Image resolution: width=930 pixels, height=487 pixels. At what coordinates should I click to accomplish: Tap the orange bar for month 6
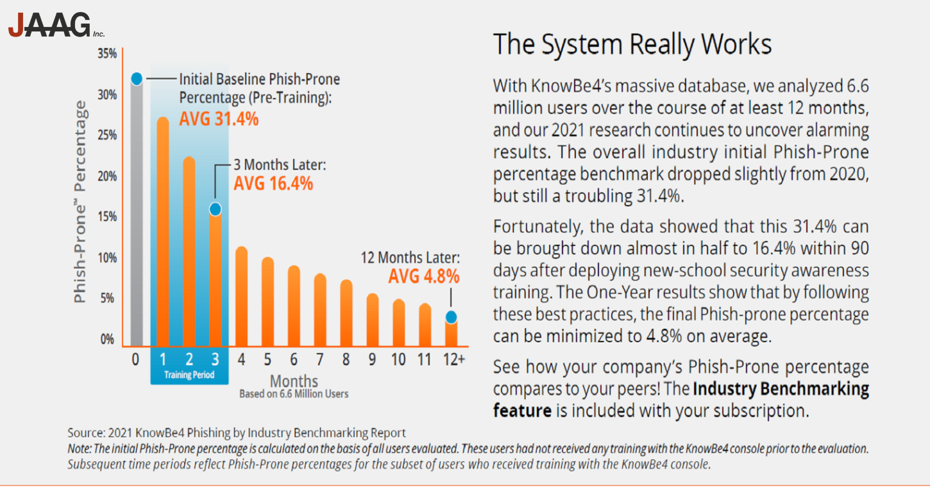pyautogui.click(x=294, y=308)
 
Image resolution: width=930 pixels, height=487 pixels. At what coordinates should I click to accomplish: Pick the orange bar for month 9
pyautogui.click(x=373, y=320)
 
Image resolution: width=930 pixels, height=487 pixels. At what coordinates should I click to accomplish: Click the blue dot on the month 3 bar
pyautogui.click(x=216, y=209)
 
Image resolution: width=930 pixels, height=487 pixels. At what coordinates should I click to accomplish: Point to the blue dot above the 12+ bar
pyautogui.click(x=451, y=317)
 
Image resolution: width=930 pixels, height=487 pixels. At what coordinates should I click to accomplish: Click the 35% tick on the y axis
pyautogui.click(x=107, y=54)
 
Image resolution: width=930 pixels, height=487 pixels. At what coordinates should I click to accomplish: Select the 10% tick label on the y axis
pyautogui.click(x=107, y=258)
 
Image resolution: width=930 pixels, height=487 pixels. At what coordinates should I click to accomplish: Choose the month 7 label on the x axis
pyautogui.click(x=320, y=359)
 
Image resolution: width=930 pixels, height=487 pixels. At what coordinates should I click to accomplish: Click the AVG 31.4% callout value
pyautogui.click(x=219, y=119)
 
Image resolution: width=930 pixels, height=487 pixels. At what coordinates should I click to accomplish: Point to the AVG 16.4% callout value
pyautogui.click(x=273, y=184)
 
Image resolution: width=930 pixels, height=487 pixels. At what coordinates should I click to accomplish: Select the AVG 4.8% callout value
pyautogui.click(x=424, y=277)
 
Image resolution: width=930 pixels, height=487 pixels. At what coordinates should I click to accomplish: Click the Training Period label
pyautogui.click(x=189, y=375)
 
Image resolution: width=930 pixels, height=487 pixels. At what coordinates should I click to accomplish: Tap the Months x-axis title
pyautogui.click(x=294, y=381)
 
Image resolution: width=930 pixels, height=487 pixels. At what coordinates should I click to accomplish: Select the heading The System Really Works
pyautogui.click(x=632, y=44)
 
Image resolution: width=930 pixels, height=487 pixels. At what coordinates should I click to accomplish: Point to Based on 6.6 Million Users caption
pyautogui.click(x=294, y=393)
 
